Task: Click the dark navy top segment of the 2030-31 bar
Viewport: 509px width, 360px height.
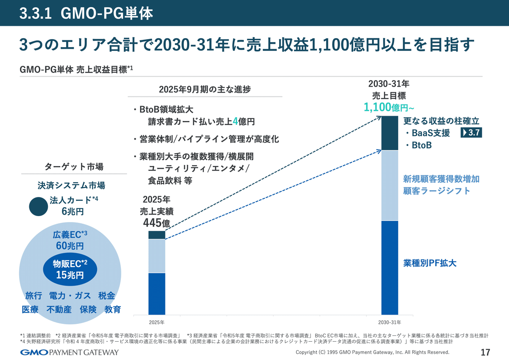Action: (390, 133)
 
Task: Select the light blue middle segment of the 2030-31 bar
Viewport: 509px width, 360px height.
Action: (390, 185)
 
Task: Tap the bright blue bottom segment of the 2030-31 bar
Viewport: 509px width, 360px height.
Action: (390, 267)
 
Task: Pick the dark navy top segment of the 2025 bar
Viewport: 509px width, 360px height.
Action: (157, 235)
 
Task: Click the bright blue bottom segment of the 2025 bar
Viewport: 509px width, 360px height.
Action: (157, 293)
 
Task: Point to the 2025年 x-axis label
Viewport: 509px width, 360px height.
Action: (157, 322)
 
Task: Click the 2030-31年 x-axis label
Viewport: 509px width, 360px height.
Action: (390, 322)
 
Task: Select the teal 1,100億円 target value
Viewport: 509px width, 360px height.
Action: (386, 107)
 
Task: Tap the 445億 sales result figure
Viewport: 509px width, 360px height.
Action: (157, 222)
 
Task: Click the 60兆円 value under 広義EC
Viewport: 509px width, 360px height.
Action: (70, 245)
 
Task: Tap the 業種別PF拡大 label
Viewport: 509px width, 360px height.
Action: (429, 263)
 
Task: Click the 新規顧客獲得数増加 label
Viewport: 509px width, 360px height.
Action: (441, 179)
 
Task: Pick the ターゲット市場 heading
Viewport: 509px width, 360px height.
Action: (74, 167)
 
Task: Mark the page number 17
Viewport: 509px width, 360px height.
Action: (485, 352)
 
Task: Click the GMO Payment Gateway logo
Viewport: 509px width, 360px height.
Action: (70, 352)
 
